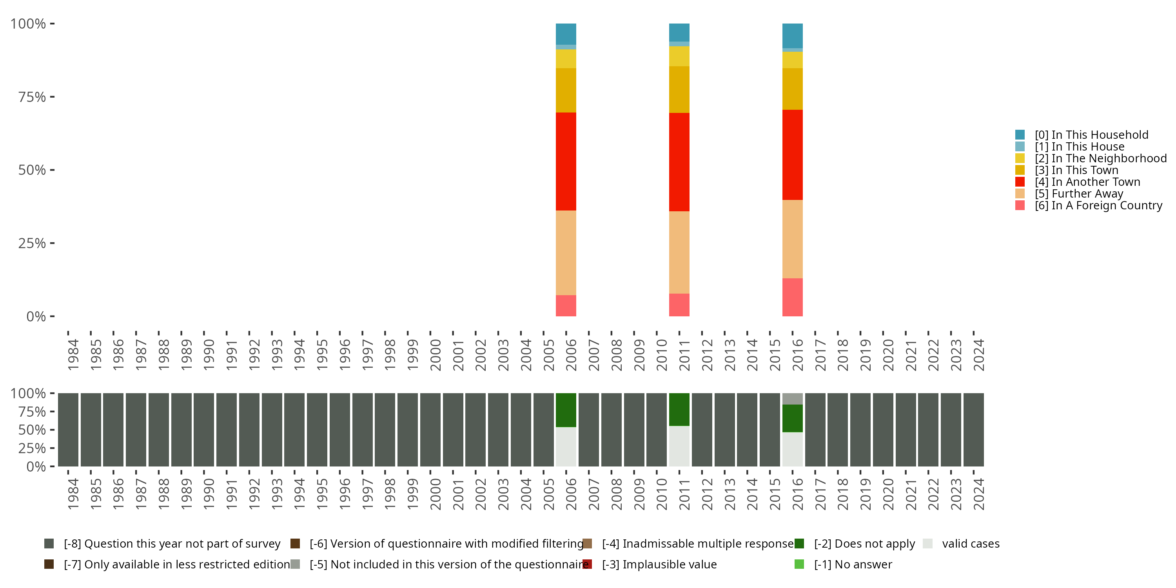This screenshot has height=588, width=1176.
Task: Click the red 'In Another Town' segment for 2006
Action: click(x=566, y=161)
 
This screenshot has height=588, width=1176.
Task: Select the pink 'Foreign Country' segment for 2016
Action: click(x=792, y=297)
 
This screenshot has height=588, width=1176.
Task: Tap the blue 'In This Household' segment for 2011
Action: click(x=679, y=32)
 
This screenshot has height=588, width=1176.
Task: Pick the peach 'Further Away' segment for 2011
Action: click(x=679, y=252)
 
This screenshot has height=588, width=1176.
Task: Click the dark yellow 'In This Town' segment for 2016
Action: click(x=792, y=89)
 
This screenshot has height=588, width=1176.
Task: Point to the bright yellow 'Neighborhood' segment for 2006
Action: click(x=566, y=58)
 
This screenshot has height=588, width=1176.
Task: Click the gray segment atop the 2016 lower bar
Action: click(x=792, y=399)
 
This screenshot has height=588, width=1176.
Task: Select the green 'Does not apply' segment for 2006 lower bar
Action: click(x=566, y=410)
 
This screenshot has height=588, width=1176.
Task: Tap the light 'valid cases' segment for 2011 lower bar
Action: click(x=679, y=446)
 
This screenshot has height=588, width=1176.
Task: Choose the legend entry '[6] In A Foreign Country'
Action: click(x=1098, y=205)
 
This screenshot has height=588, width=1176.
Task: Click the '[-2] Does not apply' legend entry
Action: click(x=864, y=544)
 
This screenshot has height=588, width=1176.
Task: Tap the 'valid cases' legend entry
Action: click(x=970, y=544)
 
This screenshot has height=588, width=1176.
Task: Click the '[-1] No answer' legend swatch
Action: click(x=799, y=564)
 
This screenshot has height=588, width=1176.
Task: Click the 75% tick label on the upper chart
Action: click(x=32, y=97)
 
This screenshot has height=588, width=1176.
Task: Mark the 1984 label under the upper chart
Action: click(x=73, y=354)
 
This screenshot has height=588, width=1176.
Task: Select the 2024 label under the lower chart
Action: click(x=978, y=494)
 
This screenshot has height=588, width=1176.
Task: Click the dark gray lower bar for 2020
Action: click(x=882, y=430)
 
